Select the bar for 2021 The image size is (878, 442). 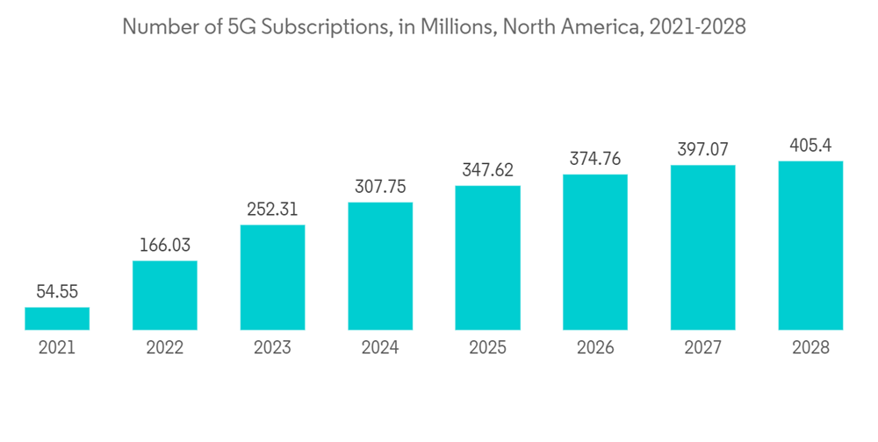(x=57, y=318)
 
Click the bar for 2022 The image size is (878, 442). (x=165, y=296)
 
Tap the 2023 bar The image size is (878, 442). (x=272, y=277)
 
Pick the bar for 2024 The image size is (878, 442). (x=380, y=266)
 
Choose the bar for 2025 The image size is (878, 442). (x=487, y=258)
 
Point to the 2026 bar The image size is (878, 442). (x=595, y=252)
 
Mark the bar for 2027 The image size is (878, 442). (x=703, y=247)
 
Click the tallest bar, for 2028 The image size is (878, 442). (x=810, y=246)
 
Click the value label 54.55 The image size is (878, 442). (x=57, y=291)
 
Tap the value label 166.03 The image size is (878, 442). (x=165, y=245)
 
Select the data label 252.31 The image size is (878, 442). (x=272, y=209)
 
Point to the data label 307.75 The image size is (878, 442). (x=380, y=186)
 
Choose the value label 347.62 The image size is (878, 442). (x=487, y=169)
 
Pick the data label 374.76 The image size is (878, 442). (x=595, y=158)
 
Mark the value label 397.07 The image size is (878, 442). (x=703, y=149)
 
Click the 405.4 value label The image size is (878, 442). (x=810, y=145)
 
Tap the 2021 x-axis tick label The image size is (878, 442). (x=57, y=347)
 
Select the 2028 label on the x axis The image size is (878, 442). (x=810, y=347)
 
